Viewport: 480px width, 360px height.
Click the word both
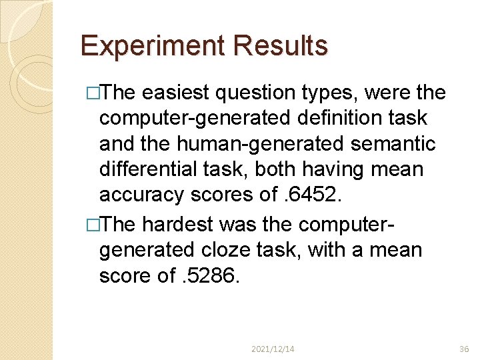(x=282, y=169)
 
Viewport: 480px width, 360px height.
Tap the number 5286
(x=214, y=275)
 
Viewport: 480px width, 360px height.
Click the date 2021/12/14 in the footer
(x=273, y=349)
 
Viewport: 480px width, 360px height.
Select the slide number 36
(x=464, y=349)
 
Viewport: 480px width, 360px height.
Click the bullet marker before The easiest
(x=93, y=93)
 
